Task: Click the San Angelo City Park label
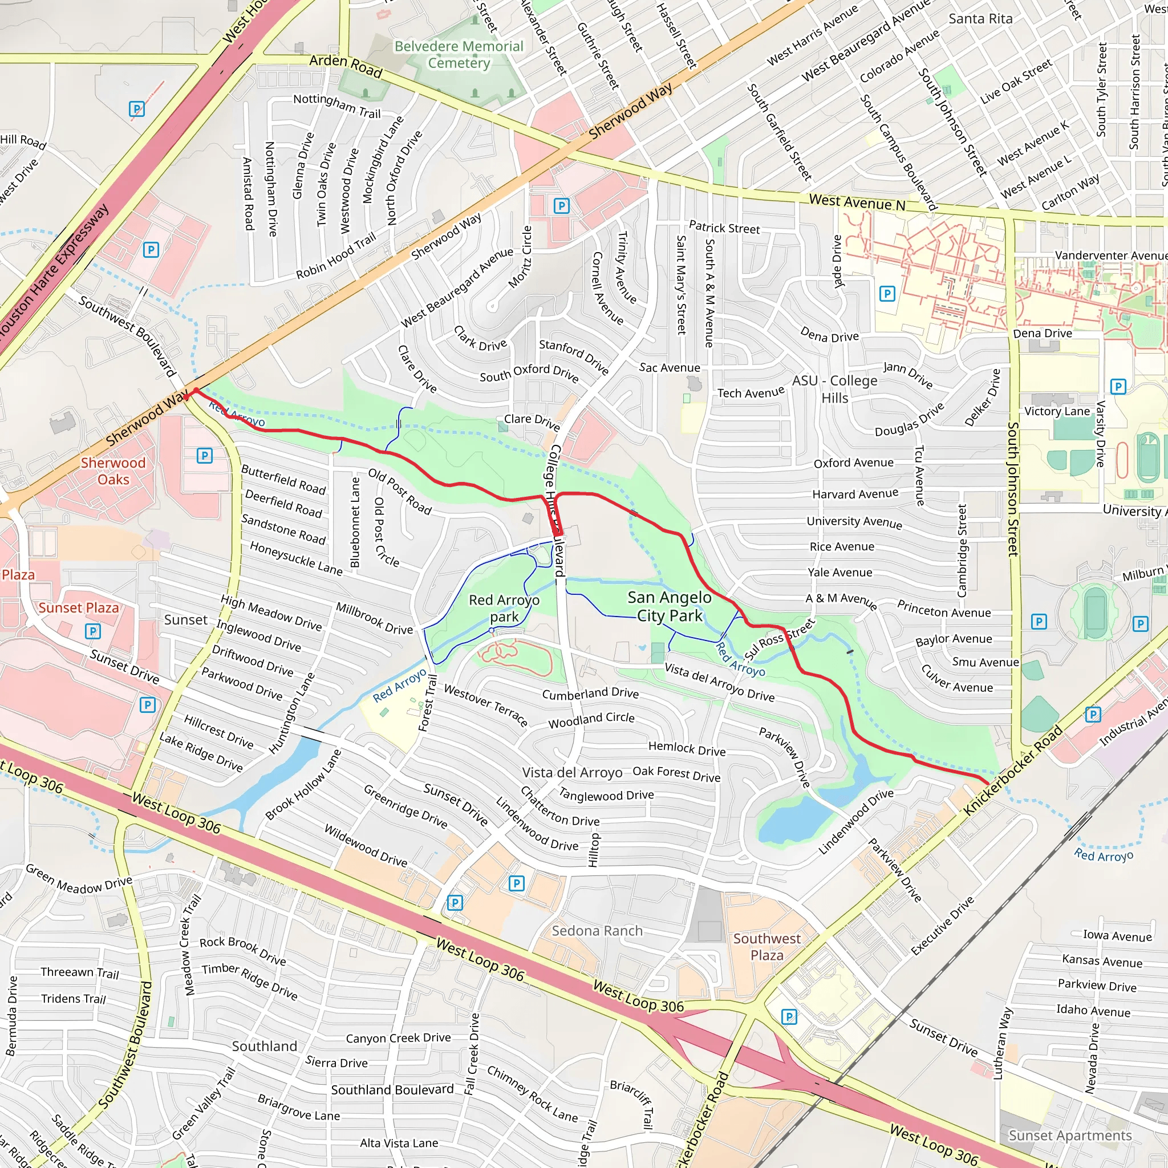point(669,606)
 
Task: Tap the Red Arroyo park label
point(504,608)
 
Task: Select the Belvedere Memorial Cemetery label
point(459,54)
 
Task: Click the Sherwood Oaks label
point(113,471)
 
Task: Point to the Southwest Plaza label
point(766,947)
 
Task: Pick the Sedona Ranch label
point(597,931)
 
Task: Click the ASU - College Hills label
point(834,389)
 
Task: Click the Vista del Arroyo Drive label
point(719,682)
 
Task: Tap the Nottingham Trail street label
point(336,106)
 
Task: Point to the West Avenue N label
point(857,202)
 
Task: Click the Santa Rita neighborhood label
point(980,19)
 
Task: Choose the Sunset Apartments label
point(1069,1135)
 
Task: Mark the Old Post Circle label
point(386,533)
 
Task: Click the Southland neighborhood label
point(264,1047)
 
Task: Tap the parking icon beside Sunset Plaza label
point(92,631)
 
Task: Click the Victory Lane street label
point(1056,411)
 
